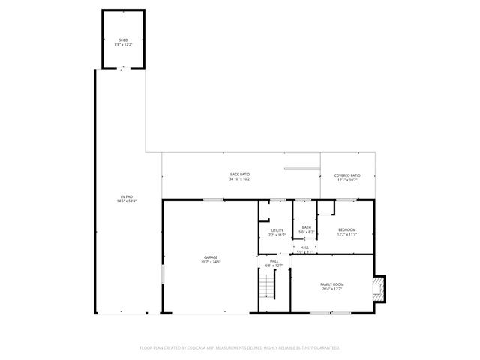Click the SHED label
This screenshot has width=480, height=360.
122,40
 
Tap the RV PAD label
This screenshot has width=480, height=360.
125,196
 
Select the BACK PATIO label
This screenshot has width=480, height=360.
240,174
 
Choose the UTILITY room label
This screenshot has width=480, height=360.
277,230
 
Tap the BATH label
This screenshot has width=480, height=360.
307,227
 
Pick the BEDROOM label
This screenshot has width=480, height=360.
346,229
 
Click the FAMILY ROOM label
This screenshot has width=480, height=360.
331,283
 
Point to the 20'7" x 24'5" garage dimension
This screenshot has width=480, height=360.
211,262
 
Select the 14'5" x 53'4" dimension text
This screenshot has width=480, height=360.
125,201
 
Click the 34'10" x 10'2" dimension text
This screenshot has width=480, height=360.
240,179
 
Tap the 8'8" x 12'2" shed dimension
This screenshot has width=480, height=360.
122,45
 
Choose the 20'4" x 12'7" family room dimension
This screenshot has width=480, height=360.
331,289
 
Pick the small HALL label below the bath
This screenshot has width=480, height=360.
304,247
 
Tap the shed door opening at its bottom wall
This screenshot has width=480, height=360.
122,67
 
